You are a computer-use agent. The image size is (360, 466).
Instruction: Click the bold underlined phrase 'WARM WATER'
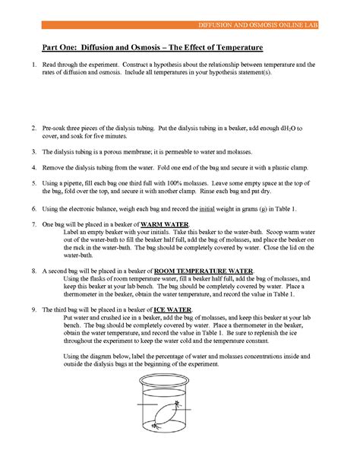pos(167,223)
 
